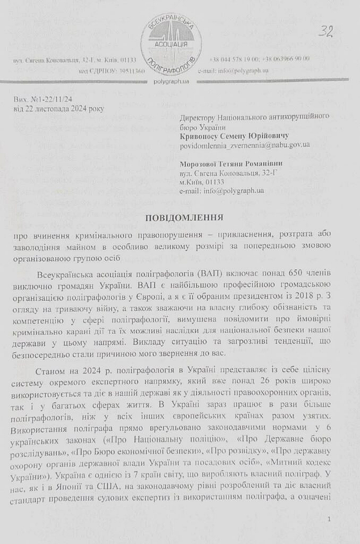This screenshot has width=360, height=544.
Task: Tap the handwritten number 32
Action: (x=325, y=31)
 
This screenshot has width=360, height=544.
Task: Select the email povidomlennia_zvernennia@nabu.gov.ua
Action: (x=245, y=144)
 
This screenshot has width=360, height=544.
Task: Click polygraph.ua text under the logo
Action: (x=171, y=81)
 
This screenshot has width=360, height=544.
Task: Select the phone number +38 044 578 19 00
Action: (x=234, y=59)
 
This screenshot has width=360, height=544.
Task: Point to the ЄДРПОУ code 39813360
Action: (x=127, y=71)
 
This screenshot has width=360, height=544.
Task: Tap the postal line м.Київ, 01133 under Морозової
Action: (x=202, y=182)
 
